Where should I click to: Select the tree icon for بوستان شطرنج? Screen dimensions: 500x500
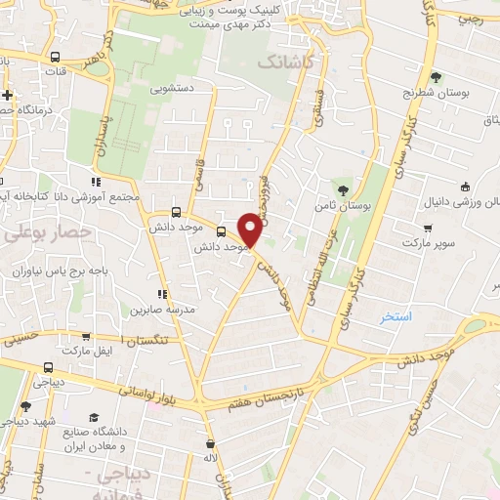[437, 77]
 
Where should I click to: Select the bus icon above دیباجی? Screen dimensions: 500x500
[49, 368]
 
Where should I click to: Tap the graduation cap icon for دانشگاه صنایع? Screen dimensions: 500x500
[93, 416]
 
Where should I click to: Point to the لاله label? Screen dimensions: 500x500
[209, 458]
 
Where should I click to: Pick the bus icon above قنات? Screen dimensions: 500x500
[54, 58]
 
